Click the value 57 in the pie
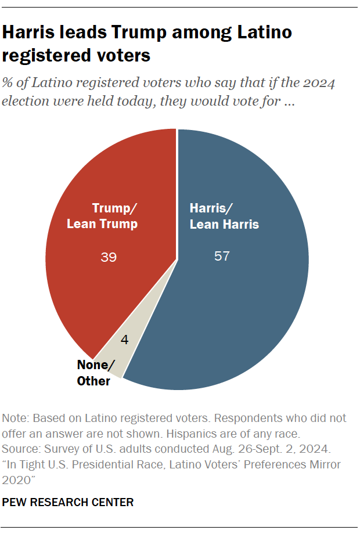pyautogui.click(x=222, y=256)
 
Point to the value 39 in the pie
pyautogui.click(x=109, y=256)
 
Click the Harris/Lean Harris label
pyautogui.click(x=224, y=217)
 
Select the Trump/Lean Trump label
pyautogui.click(x=110, y=217)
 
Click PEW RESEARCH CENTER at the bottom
pyautogui.click(x=68, y=502)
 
